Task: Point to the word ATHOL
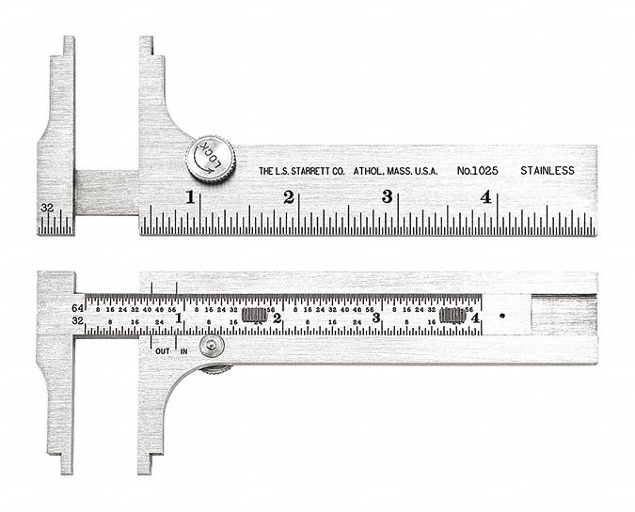coord(367,172)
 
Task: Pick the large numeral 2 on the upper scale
coord(289,197)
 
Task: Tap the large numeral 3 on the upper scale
coord(387,197)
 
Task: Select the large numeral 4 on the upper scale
coord(485,197)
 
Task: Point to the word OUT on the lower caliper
coord(162,350)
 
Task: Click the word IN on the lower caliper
coord(183,350)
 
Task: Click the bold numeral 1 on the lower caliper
coord(179,318)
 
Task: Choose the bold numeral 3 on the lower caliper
coord(375,318)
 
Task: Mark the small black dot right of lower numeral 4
coord(502,317)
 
